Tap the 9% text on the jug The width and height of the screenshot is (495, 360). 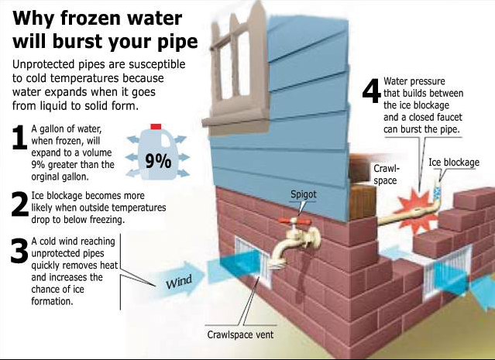pyautogui.click(x=159, y=161)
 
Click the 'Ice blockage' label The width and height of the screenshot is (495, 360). pyautogui.click(x=454, y=163)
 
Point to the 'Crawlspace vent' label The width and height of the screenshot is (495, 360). pyautogui.click(x=239, y=335)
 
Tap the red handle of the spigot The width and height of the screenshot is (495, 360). pyautogui.click(x=295, y=222)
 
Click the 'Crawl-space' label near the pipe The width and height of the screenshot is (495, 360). pyautogui.click(x=385, y=173)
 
